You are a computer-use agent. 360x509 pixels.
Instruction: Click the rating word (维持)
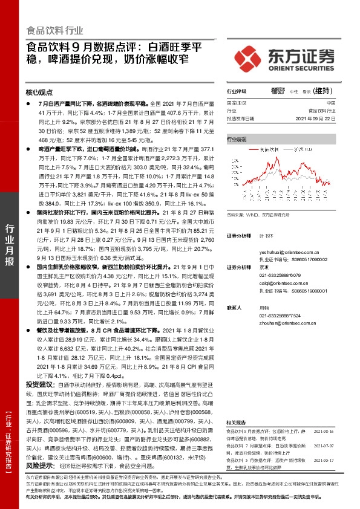323,91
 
